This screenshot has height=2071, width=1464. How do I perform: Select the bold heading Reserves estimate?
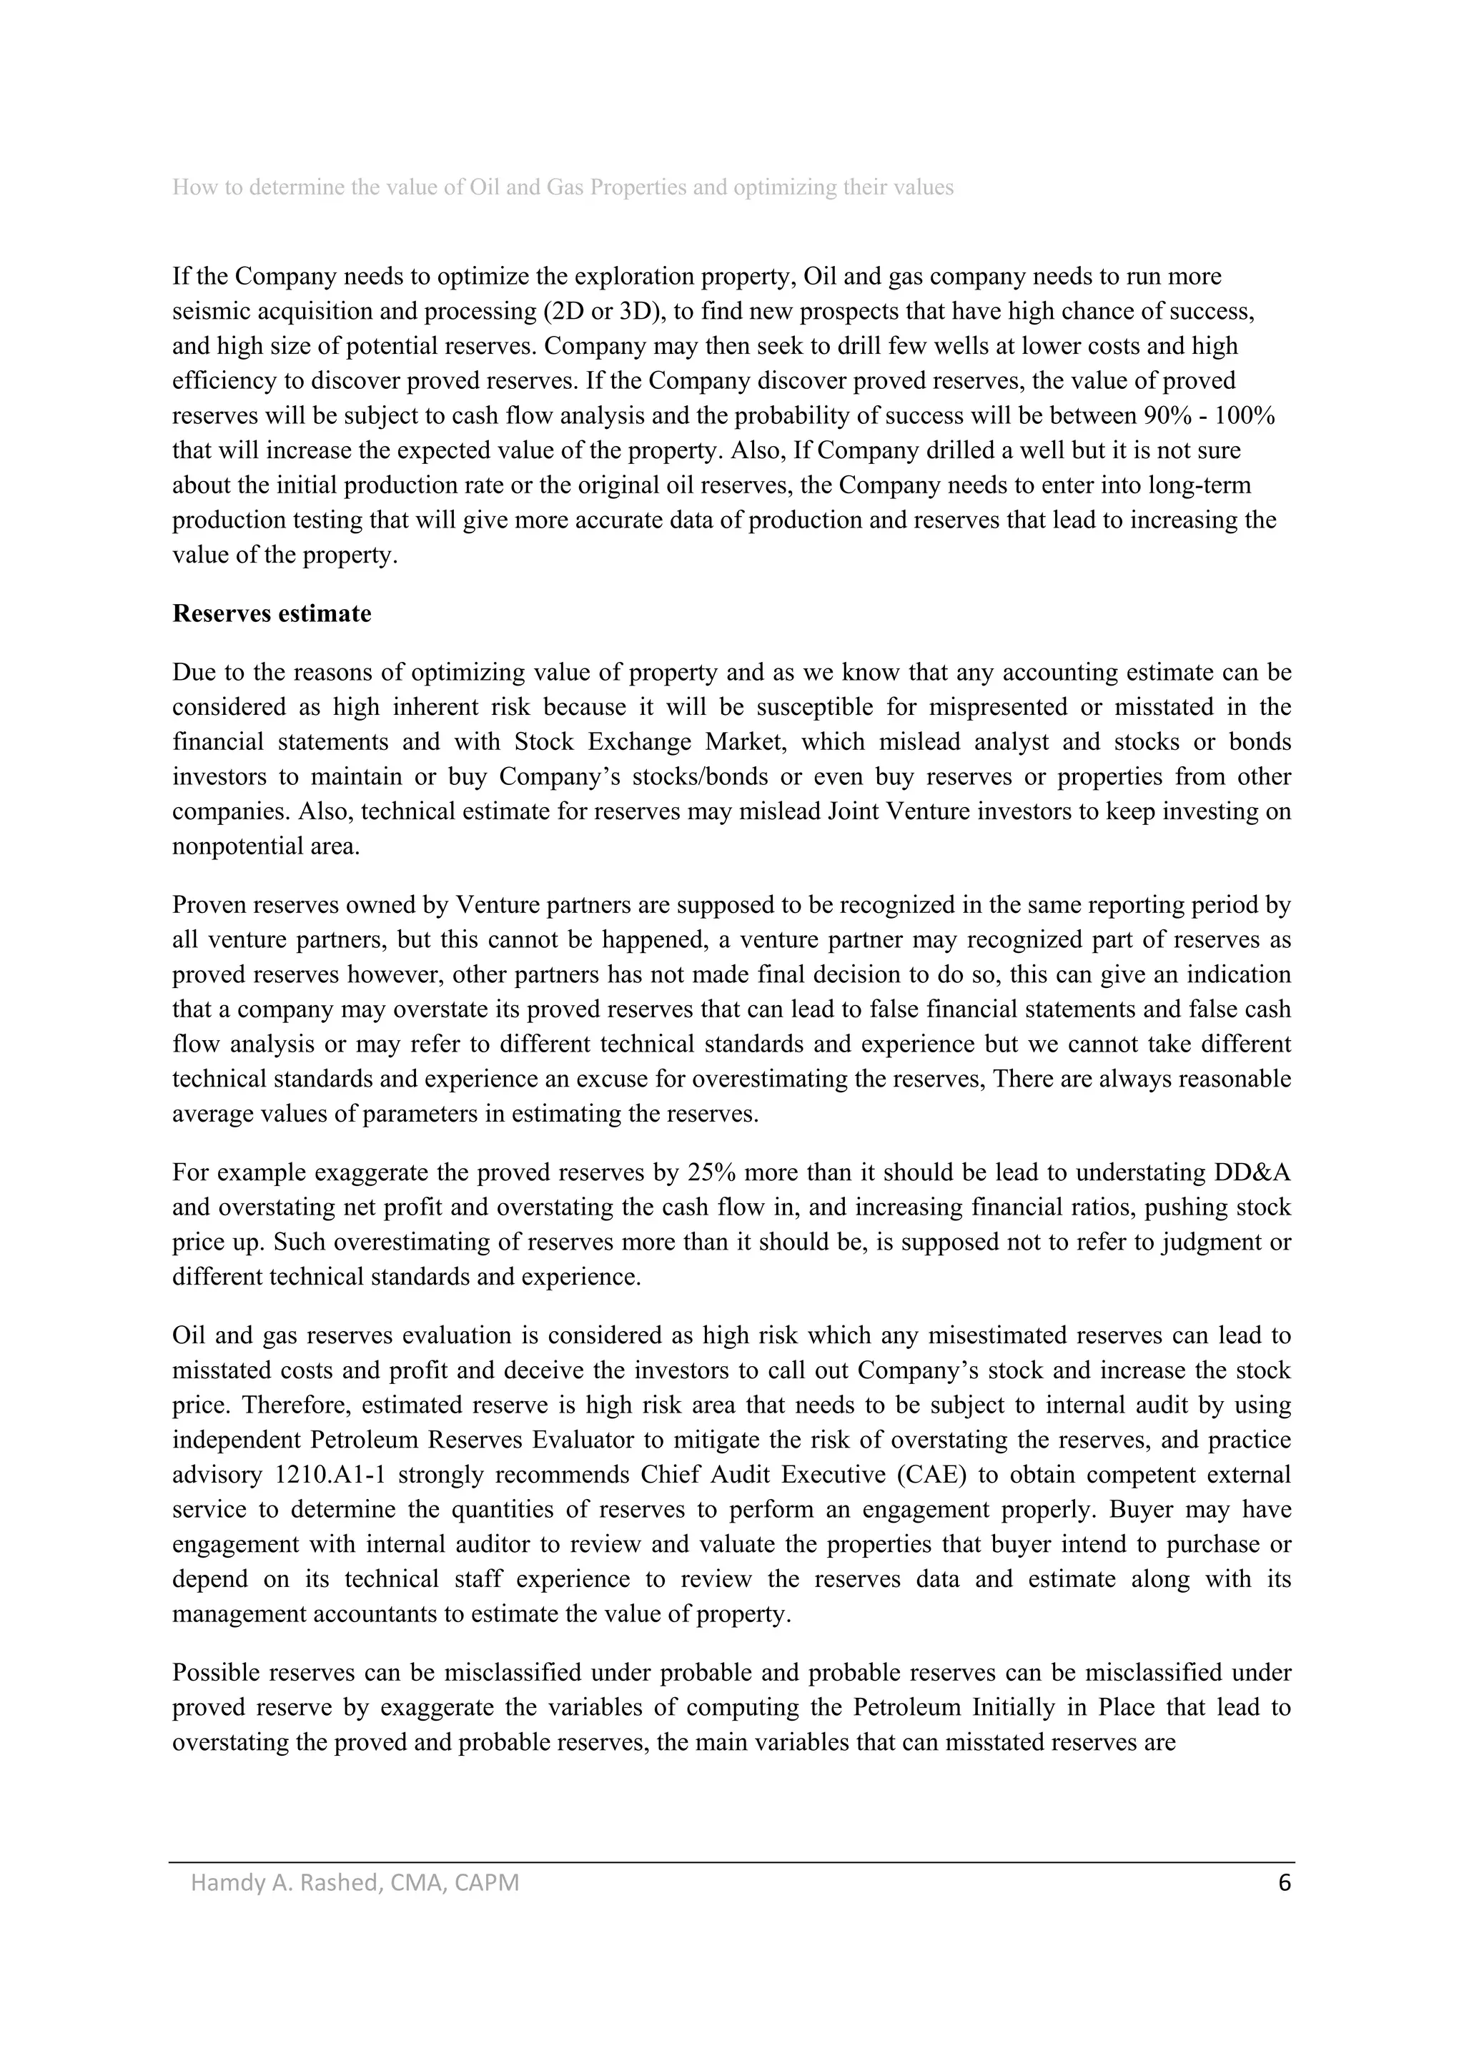point(272,614)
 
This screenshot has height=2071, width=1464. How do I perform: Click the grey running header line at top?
point(563,187)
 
